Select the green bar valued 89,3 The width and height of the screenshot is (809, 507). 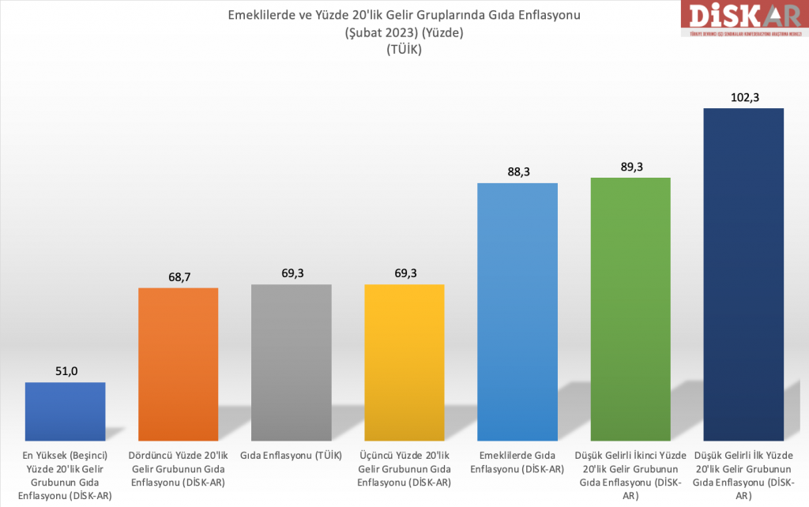630,308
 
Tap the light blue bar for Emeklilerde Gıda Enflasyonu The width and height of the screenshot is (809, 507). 517,311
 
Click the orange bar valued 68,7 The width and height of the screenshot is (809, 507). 179,363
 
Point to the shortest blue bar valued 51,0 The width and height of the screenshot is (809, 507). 66,411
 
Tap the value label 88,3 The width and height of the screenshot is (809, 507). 517,172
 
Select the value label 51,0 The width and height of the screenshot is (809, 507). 66,372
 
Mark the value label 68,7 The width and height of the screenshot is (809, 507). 179,276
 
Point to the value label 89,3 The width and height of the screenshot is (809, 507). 630,167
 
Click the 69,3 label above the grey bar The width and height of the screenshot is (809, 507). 292,273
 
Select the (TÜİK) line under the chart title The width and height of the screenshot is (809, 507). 404,50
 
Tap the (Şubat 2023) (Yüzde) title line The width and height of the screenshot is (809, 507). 404,33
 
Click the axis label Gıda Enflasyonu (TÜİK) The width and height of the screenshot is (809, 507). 292,456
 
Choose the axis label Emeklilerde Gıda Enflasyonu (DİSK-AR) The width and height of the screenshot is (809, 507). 517,462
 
